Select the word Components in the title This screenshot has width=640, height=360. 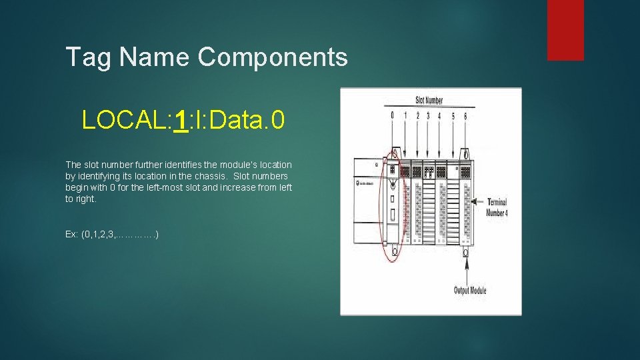tap(273, 57)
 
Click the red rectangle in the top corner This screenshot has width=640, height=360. tap(565, 30)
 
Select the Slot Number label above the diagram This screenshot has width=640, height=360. tap(429, 100)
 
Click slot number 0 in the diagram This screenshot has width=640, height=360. tap(392, 115)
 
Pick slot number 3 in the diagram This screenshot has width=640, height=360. tap(428, 115)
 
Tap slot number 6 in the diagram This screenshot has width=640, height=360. tap(465, 115)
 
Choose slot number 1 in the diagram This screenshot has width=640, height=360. tap(405, 115)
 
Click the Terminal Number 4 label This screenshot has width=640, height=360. tap(497, 207)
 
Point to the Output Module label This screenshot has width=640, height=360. tap(470, 291)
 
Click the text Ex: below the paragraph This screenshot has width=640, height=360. tap(71, 235)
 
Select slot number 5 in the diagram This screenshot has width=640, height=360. tap(453, 115)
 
